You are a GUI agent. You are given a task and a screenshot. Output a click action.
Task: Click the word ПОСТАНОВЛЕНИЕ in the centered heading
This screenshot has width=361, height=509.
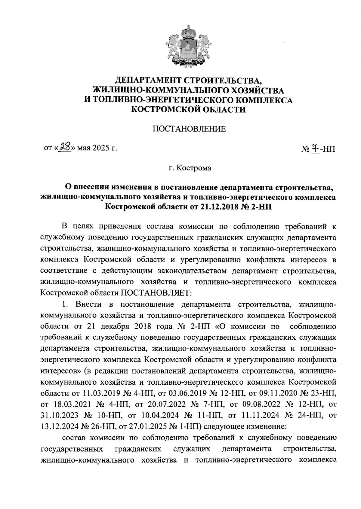(x=189, y=129)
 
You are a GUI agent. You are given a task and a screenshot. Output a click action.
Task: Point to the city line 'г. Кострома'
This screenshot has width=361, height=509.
(x=190, y=168)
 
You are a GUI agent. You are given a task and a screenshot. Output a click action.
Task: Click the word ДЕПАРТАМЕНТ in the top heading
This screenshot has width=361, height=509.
(x=147, y=80)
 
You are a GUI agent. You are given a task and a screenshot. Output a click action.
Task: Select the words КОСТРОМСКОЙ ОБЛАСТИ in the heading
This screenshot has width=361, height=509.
(x=189, y=110)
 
